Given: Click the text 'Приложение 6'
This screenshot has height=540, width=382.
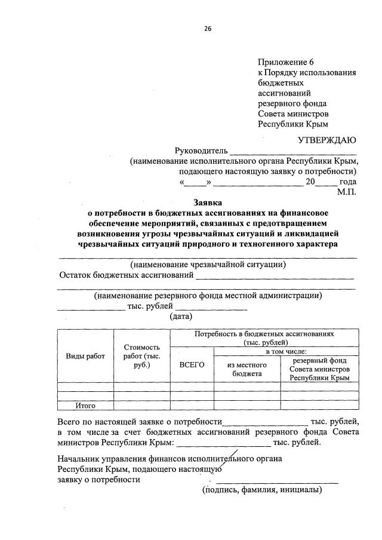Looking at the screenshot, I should (x=285, y=62).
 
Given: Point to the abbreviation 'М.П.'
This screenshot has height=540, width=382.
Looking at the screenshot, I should (x=346, y=192).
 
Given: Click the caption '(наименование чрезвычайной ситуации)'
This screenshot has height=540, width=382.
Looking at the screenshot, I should (x=207, y=265).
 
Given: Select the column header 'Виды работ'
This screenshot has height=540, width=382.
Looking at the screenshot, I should (x=85, y=356).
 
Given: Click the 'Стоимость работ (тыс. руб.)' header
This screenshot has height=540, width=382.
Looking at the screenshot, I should (x=141, y=355).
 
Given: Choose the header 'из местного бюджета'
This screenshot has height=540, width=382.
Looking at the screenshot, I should (x=247, y=369).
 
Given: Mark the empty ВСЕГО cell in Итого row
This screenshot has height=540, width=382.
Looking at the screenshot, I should (x=192, y=406).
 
